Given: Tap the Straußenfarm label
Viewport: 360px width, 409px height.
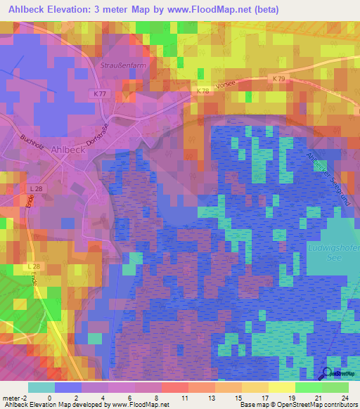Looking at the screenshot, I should click(x=117, y=64).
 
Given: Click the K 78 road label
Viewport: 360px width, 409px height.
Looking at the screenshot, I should click(x=202, y=91).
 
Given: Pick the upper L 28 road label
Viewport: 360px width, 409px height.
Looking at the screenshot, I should click(x=36, y=189).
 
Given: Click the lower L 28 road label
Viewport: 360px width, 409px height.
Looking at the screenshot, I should click(x=34, y=267).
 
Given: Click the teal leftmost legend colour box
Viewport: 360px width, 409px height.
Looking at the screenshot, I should click(x=41, y=387).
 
